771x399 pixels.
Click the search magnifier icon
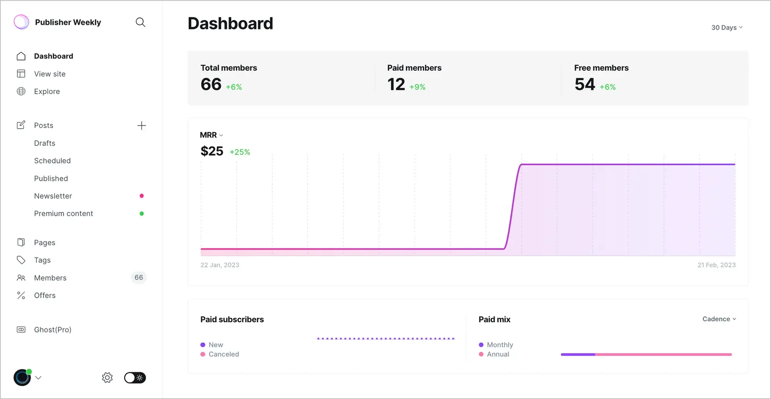[140, 22]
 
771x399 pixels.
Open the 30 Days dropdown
[727, 28]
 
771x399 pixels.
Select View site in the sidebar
[49, 74]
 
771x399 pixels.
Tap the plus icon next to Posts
[141, 126]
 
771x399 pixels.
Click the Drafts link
[45, 143]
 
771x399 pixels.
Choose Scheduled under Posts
[52, 161]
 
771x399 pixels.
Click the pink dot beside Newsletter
[141, 196]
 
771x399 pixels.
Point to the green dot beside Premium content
[141, 214]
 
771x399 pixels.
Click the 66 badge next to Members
[139, 277]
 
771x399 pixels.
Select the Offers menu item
[45, 296]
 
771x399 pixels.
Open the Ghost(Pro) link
[53, 330]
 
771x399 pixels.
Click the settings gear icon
[107, 378]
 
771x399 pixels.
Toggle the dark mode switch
[135, 378]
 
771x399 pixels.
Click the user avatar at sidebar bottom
[22, 378]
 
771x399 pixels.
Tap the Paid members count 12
[396, 85]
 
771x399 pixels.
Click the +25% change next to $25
[240, 152]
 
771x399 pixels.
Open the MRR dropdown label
[211, 135]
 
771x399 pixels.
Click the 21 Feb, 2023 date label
[716, 265]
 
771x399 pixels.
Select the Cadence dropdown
[719, 319]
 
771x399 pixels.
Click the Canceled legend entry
[223, 354]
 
